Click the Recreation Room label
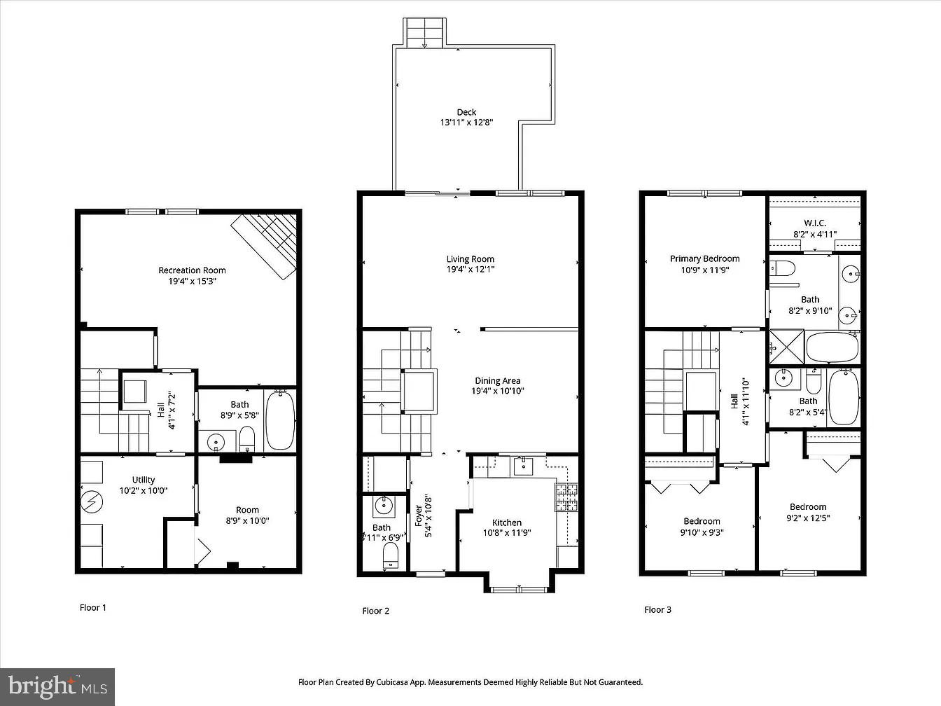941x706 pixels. pos(192,270)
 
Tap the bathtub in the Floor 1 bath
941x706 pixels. pos(280,420)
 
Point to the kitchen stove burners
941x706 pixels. pos(566,496)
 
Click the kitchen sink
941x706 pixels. pos(523,465)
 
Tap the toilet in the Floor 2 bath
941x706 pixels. pos(391,557)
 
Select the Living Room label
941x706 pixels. pos(470,259)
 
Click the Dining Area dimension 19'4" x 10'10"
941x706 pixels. pos(498,391)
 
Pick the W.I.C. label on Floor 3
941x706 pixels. pos(814,223)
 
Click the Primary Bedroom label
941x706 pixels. pos(704,259)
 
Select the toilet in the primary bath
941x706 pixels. pos(784,268)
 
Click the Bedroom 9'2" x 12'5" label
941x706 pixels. pos(808,507)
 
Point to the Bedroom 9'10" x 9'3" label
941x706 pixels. pos(702,521)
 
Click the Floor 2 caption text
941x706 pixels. pos(376,611)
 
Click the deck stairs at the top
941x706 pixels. pos(424,33)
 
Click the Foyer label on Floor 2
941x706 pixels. pos(419,516)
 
